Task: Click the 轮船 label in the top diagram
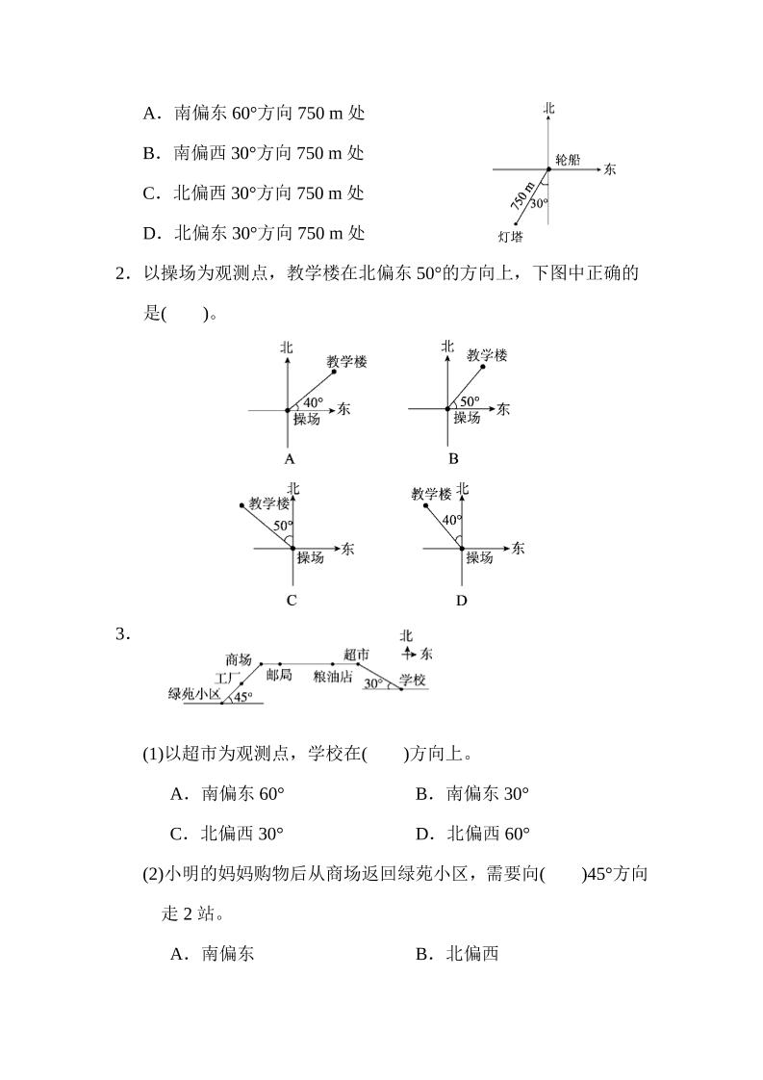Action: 568,159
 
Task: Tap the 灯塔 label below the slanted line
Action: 511,236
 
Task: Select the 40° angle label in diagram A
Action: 314,402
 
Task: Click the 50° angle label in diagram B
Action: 470,401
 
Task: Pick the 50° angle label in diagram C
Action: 282,526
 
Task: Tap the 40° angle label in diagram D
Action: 451,521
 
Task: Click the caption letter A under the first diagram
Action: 290,459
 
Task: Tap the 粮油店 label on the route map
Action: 333,678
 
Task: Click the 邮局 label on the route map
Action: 279,677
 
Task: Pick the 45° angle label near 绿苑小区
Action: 242,697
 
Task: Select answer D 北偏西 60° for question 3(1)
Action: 472,834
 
